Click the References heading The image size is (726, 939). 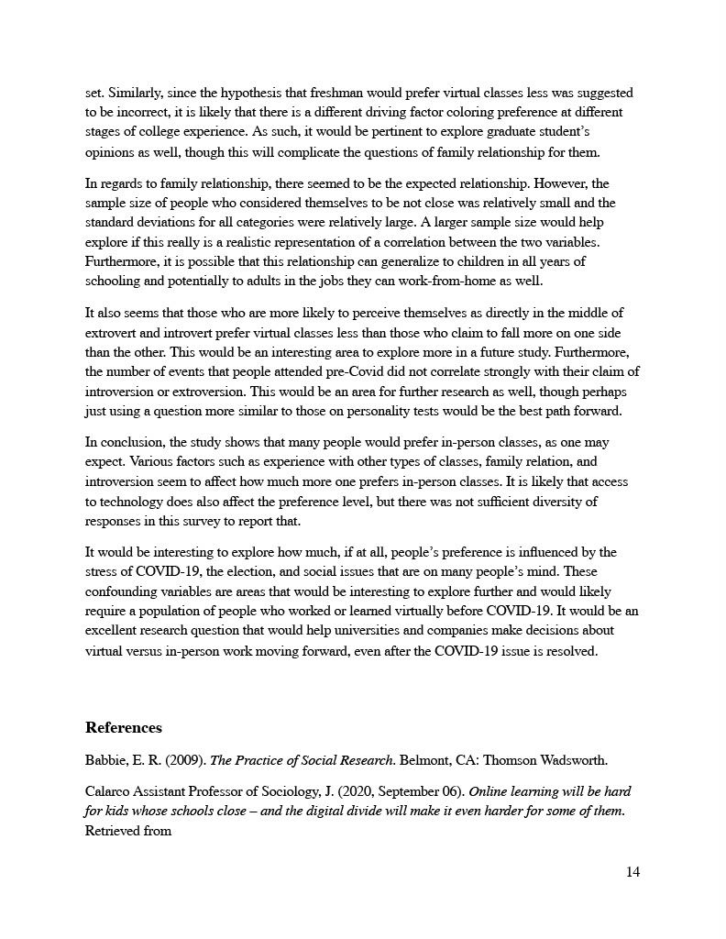(x=123, y=728)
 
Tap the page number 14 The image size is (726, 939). (x=632, y=872)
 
